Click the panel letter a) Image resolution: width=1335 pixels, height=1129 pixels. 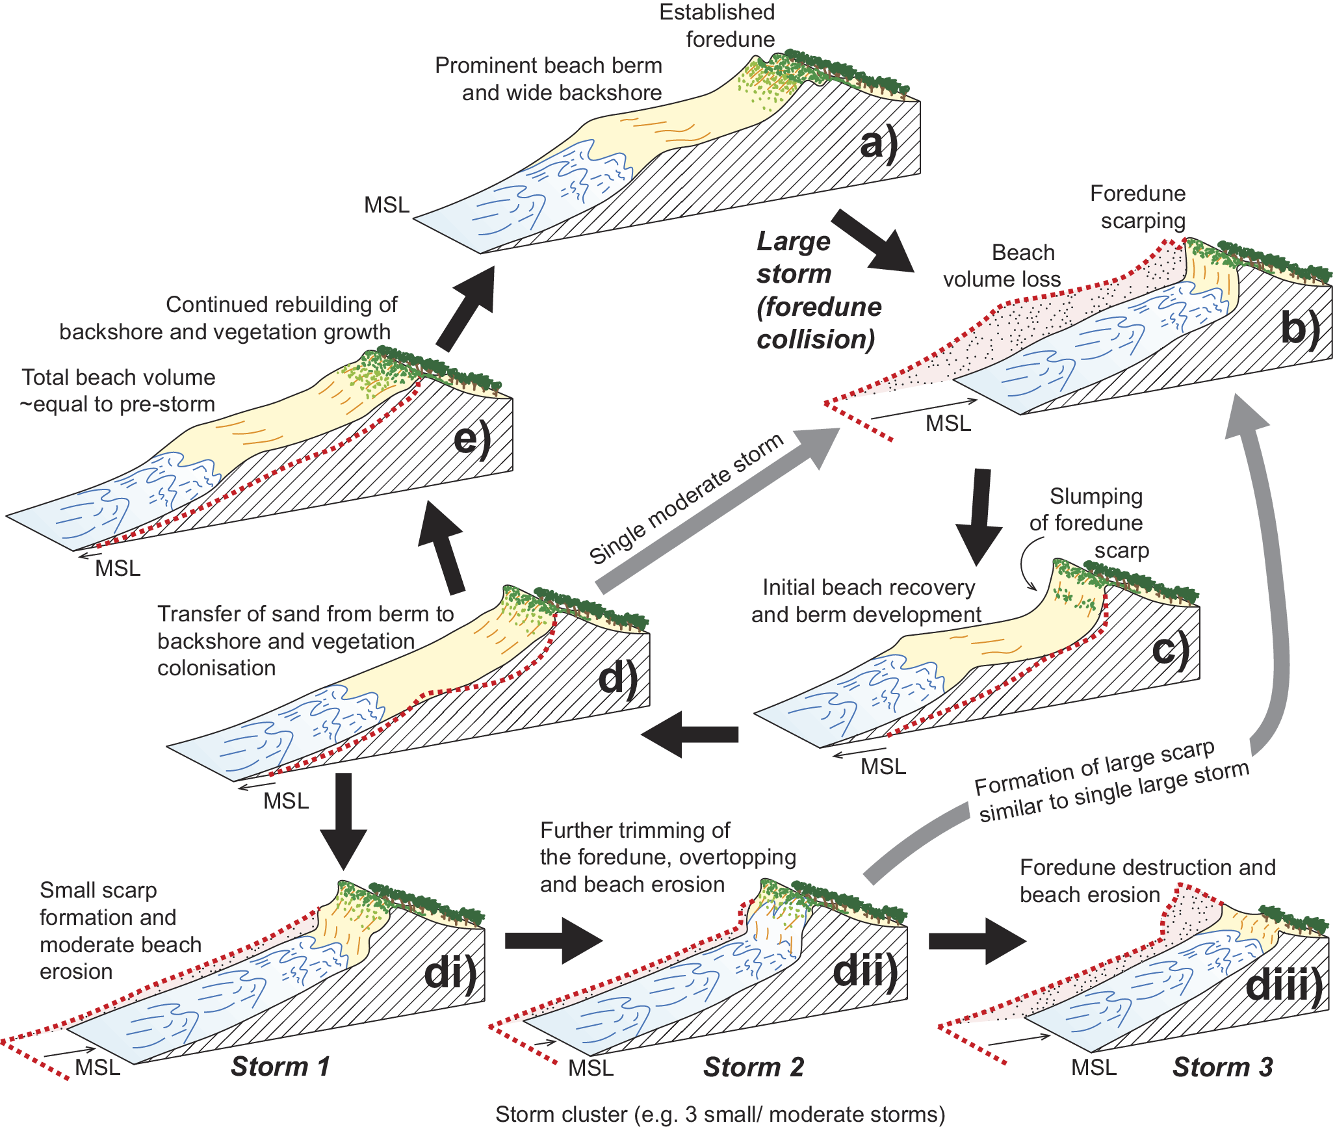pos(879,144)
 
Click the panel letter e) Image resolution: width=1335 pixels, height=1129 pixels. pos(472,440)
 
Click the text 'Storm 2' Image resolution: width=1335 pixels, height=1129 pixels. pos(753,1067)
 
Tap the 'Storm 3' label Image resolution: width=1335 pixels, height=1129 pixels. pos(1222,1067)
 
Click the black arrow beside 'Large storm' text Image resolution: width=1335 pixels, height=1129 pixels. pos(872,241)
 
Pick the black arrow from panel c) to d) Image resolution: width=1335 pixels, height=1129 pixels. pos(689,734)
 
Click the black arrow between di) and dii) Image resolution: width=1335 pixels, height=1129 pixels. pos(553,941)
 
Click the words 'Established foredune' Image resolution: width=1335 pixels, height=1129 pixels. pos(718,26)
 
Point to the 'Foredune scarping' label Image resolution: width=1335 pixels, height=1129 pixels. pos(1138,207)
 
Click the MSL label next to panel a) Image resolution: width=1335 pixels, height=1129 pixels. pos(387,205)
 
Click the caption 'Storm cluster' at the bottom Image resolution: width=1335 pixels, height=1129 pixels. pos(719,1114)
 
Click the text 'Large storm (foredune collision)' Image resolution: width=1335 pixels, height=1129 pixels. pos(818,291)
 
